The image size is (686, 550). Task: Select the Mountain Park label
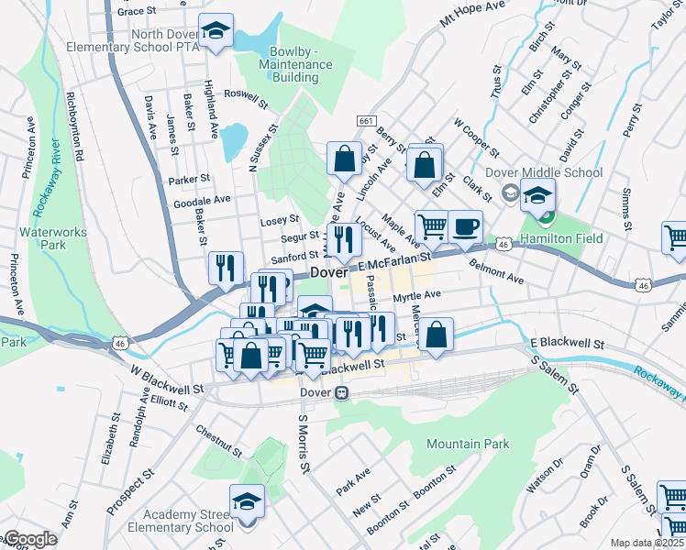(468, 444)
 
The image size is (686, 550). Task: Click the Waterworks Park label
(55, 238)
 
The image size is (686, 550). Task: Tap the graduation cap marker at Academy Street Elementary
(247, 500)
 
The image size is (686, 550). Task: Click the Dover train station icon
(342, 392)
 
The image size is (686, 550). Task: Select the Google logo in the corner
(30, 539)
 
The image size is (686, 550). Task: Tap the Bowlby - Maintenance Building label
(295, 65)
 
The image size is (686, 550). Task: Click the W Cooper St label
(476, 137)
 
